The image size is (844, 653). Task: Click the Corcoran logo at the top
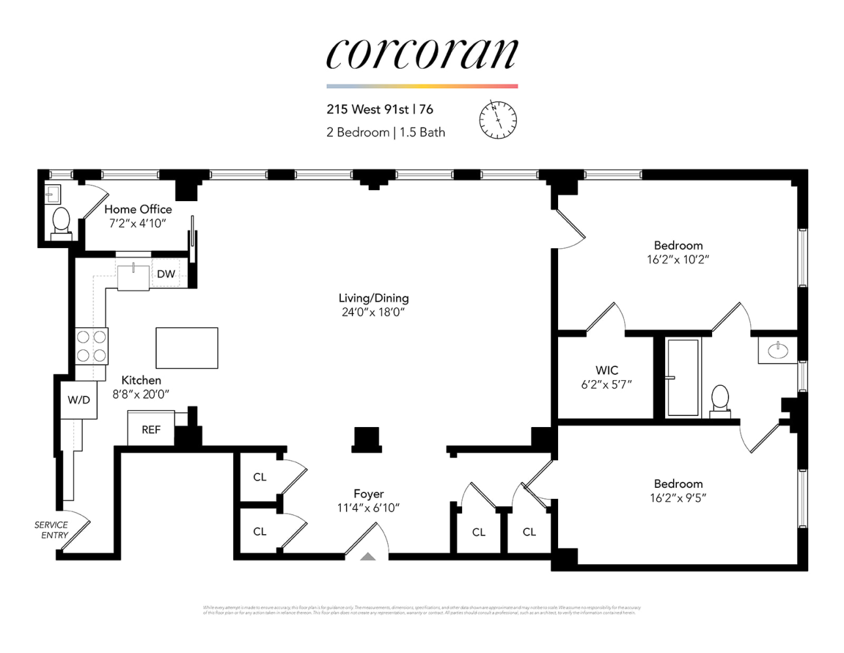coord(422,54)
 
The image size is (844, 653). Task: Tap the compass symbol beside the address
coord(498,120)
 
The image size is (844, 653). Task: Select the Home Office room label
coord(138,210)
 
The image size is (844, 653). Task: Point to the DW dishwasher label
coord(166,274)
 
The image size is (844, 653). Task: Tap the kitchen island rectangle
coord(187,348)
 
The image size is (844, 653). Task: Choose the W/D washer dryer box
coord(79,400)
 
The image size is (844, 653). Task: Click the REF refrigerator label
coord(151,430)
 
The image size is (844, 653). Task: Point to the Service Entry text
coord(52,530)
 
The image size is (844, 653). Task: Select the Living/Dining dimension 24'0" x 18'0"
coord(373,312)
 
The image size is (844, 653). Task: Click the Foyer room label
coord(369,494)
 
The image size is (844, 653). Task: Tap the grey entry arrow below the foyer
coord(368,556)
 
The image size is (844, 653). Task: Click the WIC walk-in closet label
coord(606,370)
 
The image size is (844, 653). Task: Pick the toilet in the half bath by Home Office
coord(61,221)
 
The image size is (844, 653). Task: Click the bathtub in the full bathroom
coord(683,377)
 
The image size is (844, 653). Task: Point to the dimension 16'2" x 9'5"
coord(678,498)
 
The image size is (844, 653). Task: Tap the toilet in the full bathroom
coord(720,399)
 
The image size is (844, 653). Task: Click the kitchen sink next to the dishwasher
coord(134,276)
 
